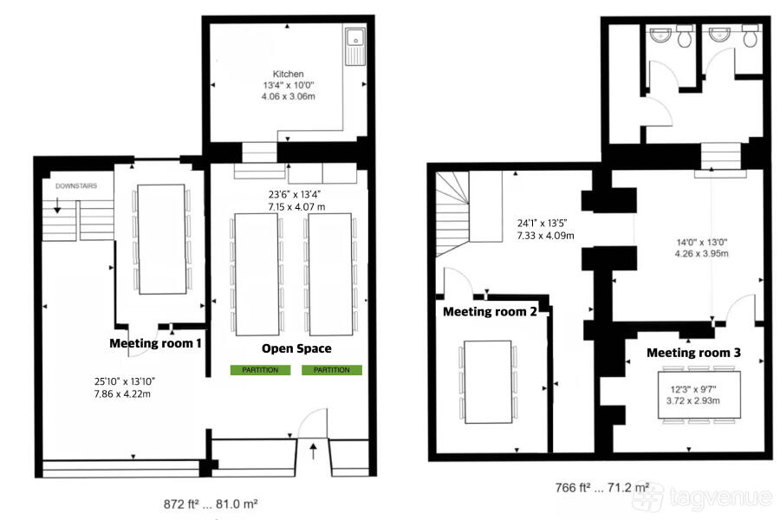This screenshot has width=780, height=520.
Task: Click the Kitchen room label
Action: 288,75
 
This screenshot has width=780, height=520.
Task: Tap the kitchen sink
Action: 355,46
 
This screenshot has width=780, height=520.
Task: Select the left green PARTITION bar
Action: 260,370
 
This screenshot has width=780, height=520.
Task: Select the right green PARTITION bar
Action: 332,370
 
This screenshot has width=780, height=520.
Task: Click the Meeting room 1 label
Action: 155,343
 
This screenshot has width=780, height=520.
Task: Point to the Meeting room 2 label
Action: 490,312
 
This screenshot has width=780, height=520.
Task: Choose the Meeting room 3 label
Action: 693,353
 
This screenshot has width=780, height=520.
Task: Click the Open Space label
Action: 296,348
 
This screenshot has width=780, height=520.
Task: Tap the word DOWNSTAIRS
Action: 76,186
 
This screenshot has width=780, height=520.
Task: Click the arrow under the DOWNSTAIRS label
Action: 57,205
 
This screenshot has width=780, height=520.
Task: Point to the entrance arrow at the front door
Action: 313,452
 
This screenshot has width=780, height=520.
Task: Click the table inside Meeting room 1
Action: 162,239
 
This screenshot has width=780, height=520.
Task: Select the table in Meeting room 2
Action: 488,381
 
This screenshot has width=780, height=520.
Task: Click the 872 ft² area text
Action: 211,504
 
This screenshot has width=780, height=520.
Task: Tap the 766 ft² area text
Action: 602,488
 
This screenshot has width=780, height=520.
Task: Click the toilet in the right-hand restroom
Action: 749,36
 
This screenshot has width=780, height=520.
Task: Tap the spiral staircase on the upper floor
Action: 452,214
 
